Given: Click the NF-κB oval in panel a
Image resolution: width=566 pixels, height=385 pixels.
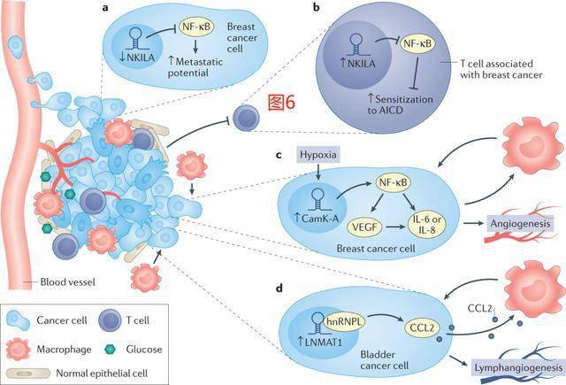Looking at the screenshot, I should pos(199,29).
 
